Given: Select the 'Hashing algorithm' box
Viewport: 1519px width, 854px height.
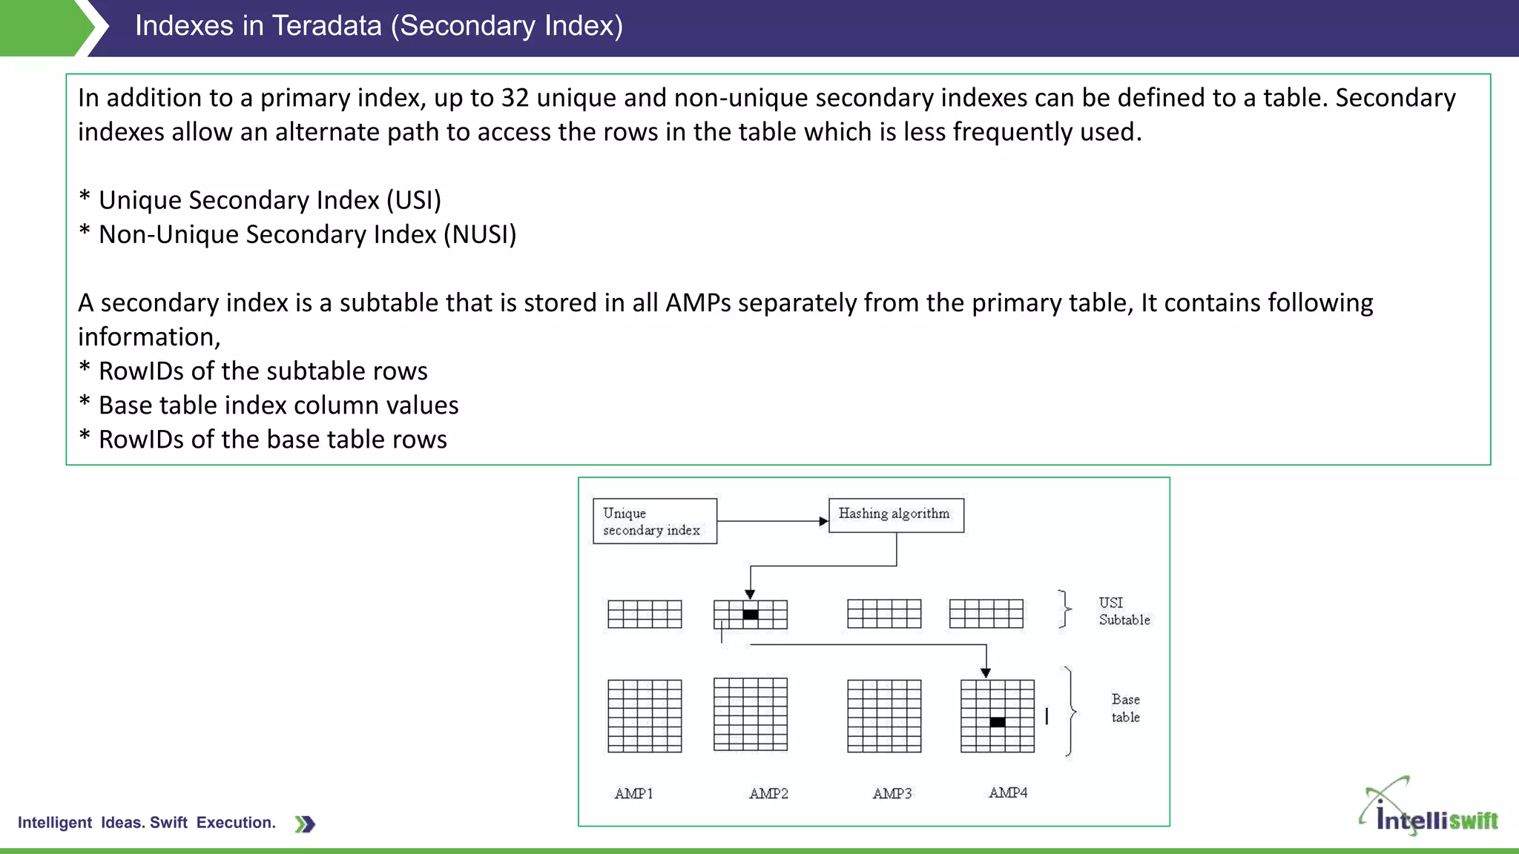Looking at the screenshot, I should [895, 514].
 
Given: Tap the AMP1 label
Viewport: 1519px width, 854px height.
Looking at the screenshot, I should [633, 793].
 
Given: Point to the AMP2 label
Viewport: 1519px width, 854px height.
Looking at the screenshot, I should [768, 793].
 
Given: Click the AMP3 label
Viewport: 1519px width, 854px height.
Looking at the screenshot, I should [892, 793].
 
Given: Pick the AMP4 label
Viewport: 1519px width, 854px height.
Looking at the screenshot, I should [1008, 792].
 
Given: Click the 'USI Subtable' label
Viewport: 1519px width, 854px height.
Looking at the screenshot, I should [1124, 611].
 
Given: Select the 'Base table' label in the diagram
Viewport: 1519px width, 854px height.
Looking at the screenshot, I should [1125, 708].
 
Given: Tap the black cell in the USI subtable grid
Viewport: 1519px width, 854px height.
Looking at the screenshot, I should [751, 615].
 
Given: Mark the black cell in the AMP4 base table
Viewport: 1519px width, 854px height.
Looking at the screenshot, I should [998, 722].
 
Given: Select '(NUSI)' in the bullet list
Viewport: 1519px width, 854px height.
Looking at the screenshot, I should [480, 234].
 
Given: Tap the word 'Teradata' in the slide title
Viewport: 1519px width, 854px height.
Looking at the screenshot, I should [326, 26].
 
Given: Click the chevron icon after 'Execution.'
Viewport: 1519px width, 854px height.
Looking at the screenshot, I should [305, 824].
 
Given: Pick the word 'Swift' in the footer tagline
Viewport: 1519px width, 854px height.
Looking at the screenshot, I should [168, 822].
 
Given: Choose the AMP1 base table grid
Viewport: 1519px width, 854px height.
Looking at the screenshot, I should [645, 716].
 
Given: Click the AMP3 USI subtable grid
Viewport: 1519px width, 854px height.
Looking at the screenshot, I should [884, 614].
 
